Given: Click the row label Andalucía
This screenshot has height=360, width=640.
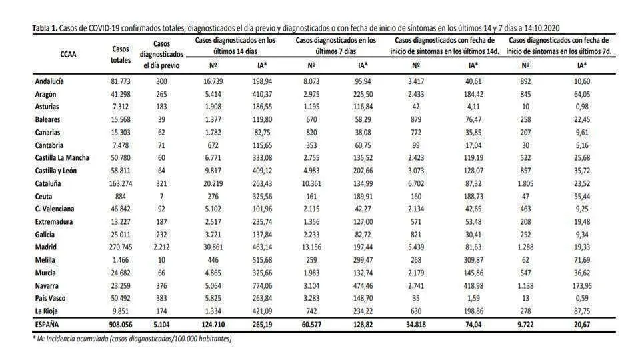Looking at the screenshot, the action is tap(49, 81).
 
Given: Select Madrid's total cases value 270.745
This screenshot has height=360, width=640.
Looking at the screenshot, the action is tap(121, 247).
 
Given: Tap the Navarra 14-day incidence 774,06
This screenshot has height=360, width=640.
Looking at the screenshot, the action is tap(262, 286).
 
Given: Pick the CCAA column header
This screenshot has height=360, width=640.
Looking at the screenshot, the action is tap(68, 54).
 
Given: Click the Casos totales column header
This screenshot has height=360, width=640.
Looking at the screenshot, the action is tap(121, 54).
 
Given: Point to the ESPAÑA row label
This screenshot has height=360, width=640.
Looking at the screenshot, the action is tap(47, 325).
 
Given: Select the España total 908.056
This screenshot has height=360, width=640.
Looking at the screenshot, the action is tap(121, 325).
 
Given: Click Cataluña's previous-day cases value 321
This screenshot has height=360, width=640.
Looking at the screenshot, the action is tap(161, 183).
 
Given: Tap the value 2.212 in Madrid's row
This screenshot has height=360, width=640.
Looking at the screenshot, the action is tap(161, 247).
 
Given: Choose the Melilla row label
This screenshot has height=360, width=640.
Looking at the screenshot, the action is tap(45, 260).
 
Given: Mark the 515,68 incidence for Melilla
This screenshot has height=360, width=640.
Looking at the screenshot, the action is tap(262, 260).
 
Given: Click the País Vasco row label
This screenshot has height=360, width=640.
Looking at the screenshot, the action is tap(50, 299).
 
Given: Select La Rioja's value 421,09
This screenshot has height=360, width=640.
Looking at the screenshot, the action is tap(262, 311).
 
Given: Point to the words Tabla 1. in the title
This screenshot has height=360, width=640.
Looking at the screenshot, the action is tap(45, 28).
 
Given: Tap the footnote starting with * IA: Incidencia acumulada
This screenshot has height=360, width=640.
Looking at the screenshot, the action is tap(132, 339).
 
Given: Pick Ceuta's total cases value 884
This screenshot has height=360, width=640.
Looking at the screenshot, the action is tap(121, 196).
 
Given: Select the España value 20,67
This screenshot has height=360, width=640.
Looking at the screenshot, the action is tap(581, 325).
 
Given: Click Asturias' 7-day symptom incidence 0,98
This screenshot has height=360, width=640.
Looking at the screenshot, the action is tap(581, 107).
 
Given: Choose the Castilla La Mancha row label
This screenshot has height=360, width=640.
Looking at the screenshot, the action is tap(62, 157).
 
